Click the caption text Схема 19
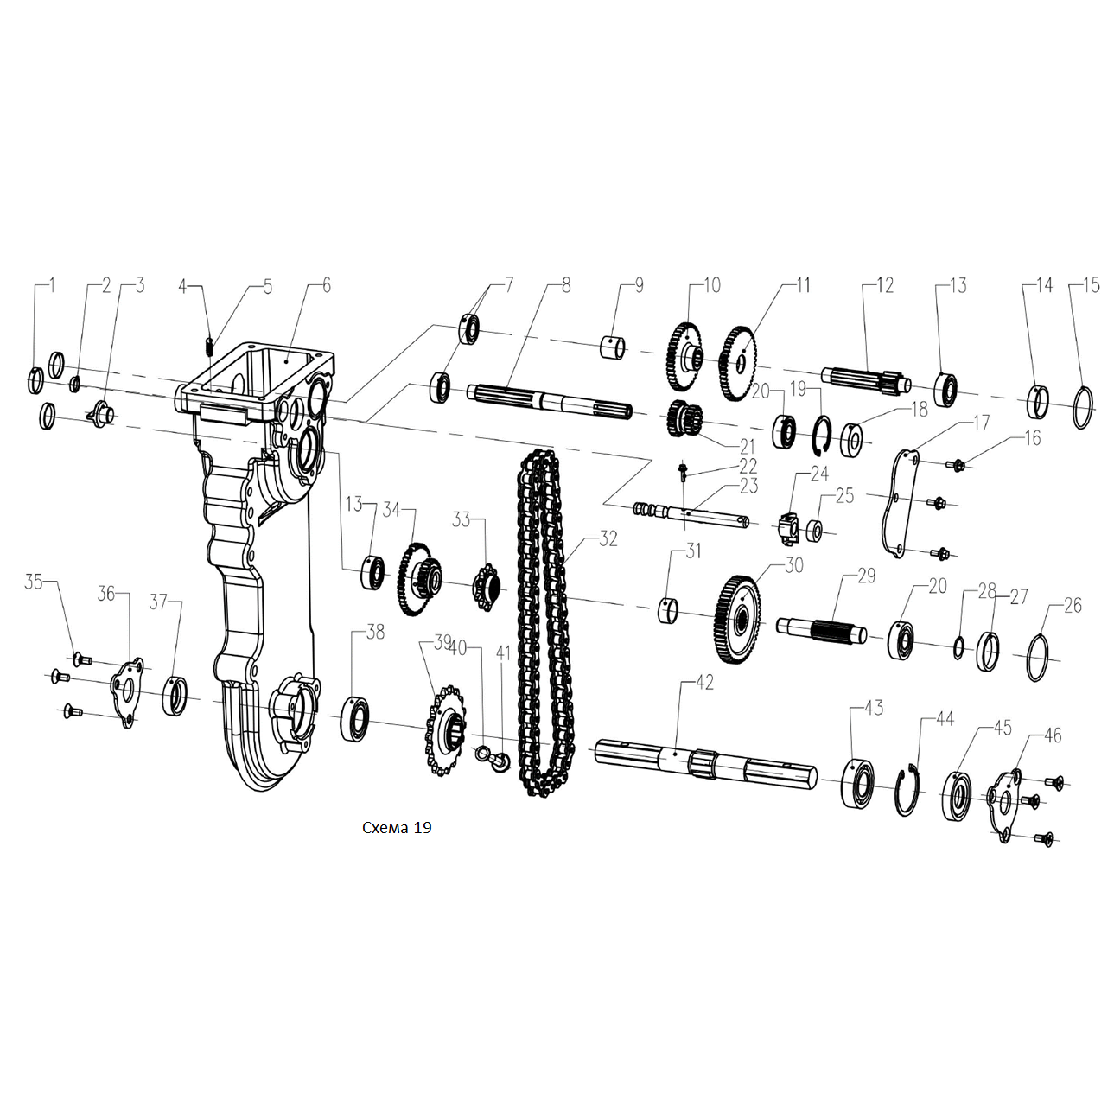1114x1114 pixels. coord(397,827)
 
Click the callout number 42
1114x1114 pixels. coord(703,683)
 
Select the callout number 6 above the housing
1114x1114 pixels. coord(327,285)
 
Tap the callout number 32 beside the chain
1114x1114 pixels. coord(608,538)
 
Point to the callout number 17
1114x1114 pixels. coord(982,423)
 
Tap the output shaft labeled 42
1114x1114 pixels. coord(706,761)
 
